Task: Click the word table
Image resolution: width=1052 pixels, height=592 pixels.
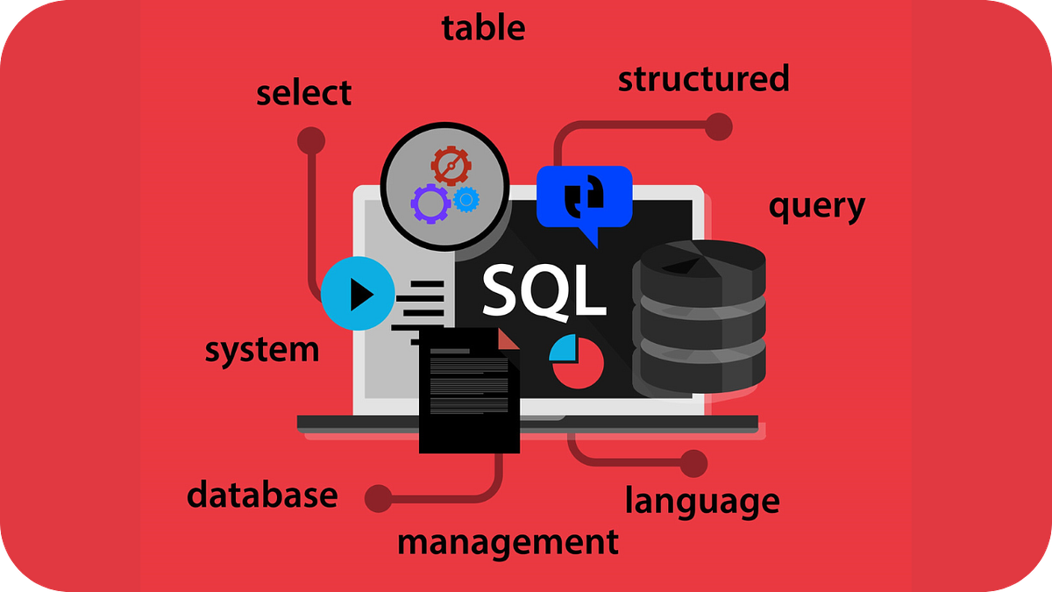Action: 483,28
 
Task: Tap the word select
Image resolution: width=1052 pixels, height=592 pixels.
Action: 304,93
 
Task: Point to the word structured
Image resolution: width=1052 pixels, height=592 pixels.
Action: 703,79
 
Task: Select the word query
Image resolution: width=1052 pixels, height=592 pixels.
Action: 816,207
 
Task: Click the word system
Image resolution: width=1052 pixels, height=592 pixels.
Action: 262,350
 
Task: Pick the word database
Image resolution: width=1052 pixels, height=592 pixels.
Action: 262,495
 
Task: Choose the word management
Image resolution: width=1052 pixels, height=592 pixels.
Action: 508,542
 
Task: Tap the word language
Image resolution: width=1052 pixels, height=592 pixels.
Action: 701,502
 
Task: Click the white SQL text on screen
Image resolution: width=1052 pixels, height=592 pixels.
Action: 544,290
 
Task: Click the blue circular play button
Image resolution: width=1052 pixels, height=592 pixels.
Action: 358,295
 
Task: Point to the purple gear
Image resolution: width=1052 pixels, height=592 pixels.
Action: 430,203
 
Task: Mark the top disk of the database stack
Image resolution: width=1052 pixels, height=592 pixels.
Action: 699,264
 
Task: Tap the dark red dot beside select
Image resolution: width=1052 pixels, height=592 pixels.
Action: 311,140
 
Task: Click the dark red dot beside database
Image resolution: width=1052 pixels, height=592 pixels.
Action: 379,498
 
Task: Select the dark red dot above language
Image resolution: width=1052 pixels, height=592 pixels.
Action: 693,463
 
